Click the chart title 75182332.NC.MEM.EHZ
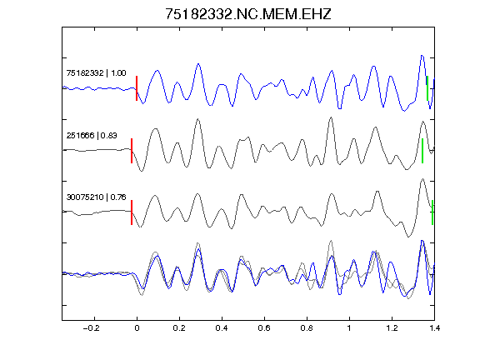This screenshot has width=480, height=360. [x=248, y=14]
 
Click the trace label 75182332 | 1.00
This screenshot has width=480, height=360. [x=96, y=72]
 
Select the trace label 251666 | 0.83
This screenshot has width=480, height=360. [x=92, y=135]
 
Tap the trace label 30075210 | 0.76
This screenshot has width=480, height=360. [x=96, y=197]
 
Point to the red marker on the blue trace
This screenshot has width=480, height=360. [x=137, y=88]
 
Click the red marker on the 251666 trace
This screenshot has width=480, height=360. [x=132, y=151]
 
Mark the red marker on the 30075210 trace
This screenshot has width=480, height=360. [x=132, y=212]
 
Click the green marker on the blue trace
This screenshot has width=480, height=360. [x=427, y=88]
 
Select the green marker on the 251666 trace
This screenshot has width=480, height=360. [x=422, y=151]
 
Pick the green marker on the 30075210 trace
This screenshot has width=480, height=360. [x=432, y=212]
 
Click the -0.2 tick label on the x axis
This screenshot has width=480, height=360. [x=92, y=328]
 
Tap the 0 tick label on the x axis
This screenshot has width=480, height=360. [x=137, y=328]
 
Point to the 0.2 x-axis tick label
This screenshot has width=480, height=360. [x=179, y=328]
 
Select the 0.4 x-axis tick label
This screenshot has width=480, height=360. [x=222, y=328]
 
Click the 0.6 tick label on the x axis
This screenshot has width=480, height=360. [x=264, y=328]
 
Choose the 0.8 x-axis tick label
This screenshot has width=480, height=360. [x=307, y=328]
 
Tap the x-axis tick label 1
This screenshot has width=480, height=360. [x=349, y=328]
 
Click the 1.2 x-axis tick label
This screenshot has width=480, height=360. [x=392, y=328]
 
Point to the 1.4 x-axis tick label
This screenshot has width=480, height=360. [x=434, y=328]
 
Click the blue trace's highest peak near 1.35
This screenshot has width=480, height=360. [x=422, y=56]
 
